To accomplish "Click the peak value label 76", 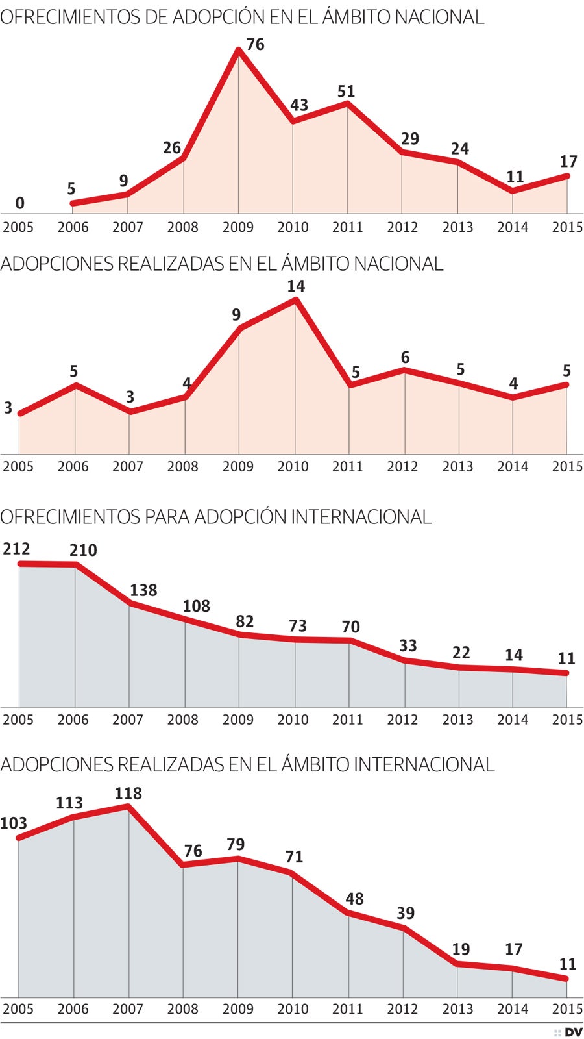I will pyautogui.click(x=256, y=44).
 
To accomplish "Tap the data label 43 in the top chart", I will pyautogui.click(x=299, y=105).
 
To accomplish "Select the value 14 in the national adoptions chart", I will pyautogui.click(x=296, y=286).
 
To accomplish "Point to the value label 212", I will pyautogui.click(x=16, y=549).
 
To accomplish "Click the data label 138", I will pyautogui.click(x=143, y=590).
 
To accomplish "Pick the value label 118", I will pyautogui.click(x=128, y=794).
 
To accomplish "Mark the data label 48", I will pyautogui.click(x=354, y=899).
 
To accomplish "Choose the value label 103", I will pyautogui.click(x=14, y=823).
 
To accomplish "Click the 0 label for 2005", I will pyautogui.click(x=19, y=203).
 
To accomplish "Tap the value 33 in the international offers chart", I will pyautogui.click(x=408, y=645).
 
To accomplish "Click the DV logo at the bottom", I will pyautogui.click(x=573, y=1033).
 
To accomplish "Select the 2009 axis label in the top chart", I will pyautogui.click(x=238, y=227).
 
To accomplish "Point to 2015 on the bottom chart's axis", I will pyautogui.click(x=567, y=1009).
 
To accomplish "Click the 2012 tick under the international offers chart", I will pyautogui.click(x=402, y=720).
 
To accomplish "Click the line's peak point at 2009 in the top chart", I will pyautogui.click(x=239, y=51).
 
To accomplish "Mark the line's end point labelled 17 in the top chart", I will pyautogui.click(x=567, y=176).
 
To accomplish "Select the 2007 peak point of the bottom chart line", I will pyautogui.click(x=128, y=807).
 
